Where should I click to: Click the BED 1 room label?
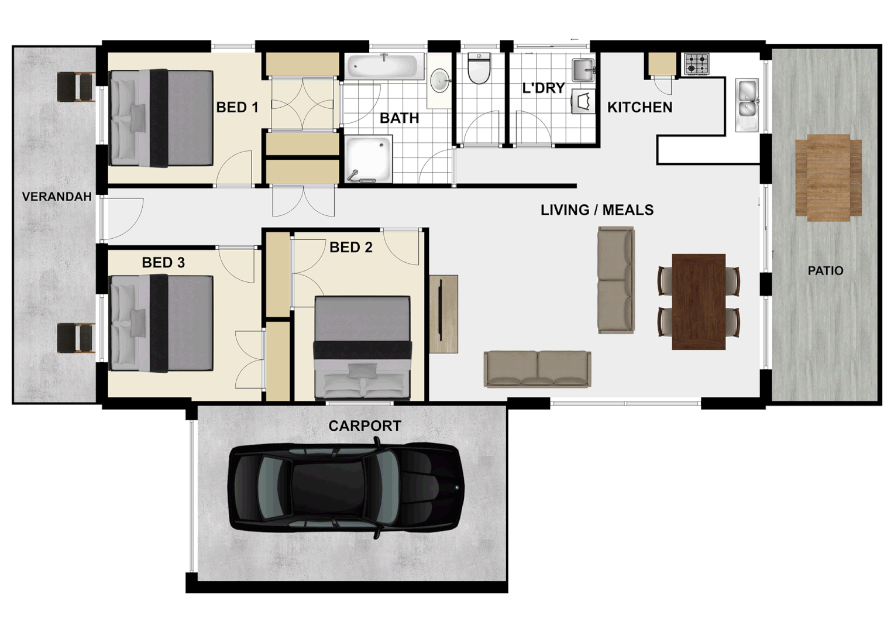pyautogui.click(x=237, y=107)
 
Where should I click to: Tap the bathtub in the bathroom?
pyautogui.click(x=384, y=67)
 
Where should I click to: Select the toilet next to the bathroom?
pyautogui.click(x=479, y=68)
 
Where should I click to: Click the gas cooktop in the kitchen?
pyautogui.click(x=696, y=63)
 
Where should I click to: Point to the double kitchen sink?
pyautogui.click(x=747, y=105)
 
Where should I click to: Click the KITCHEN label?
pyautogui.click(x=639, y=107)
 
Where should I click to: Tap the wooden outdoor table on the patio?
pyautogui.click(x=828, y=177)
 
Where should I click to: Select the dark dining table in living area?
pyautogui.click(x=699, y=301)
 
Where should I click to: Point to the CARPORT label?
pyautogui.click(x=365, y=426)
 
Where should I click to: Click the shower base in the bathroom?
pyautogui.click(x=368, y=159)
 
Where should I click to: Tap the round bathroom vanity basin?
pyautogui.click(x=440, y=81)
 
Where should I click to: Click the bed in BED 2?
pyautogui.click(x=362, y=348)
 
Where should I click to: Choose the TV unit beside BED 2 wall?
pyautogui.click(x=443, y=314)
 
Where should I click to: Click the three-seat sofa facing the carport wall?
pyautogui.click(x=537, y=369)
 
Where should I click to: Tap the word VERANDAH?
pyautogui.click(x=57, y=197)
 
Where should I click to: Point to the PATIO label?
pyautogui.click(x=825, y=270)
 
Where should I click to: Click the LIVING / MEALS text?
pyautogui.click(x=597, y=209)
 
